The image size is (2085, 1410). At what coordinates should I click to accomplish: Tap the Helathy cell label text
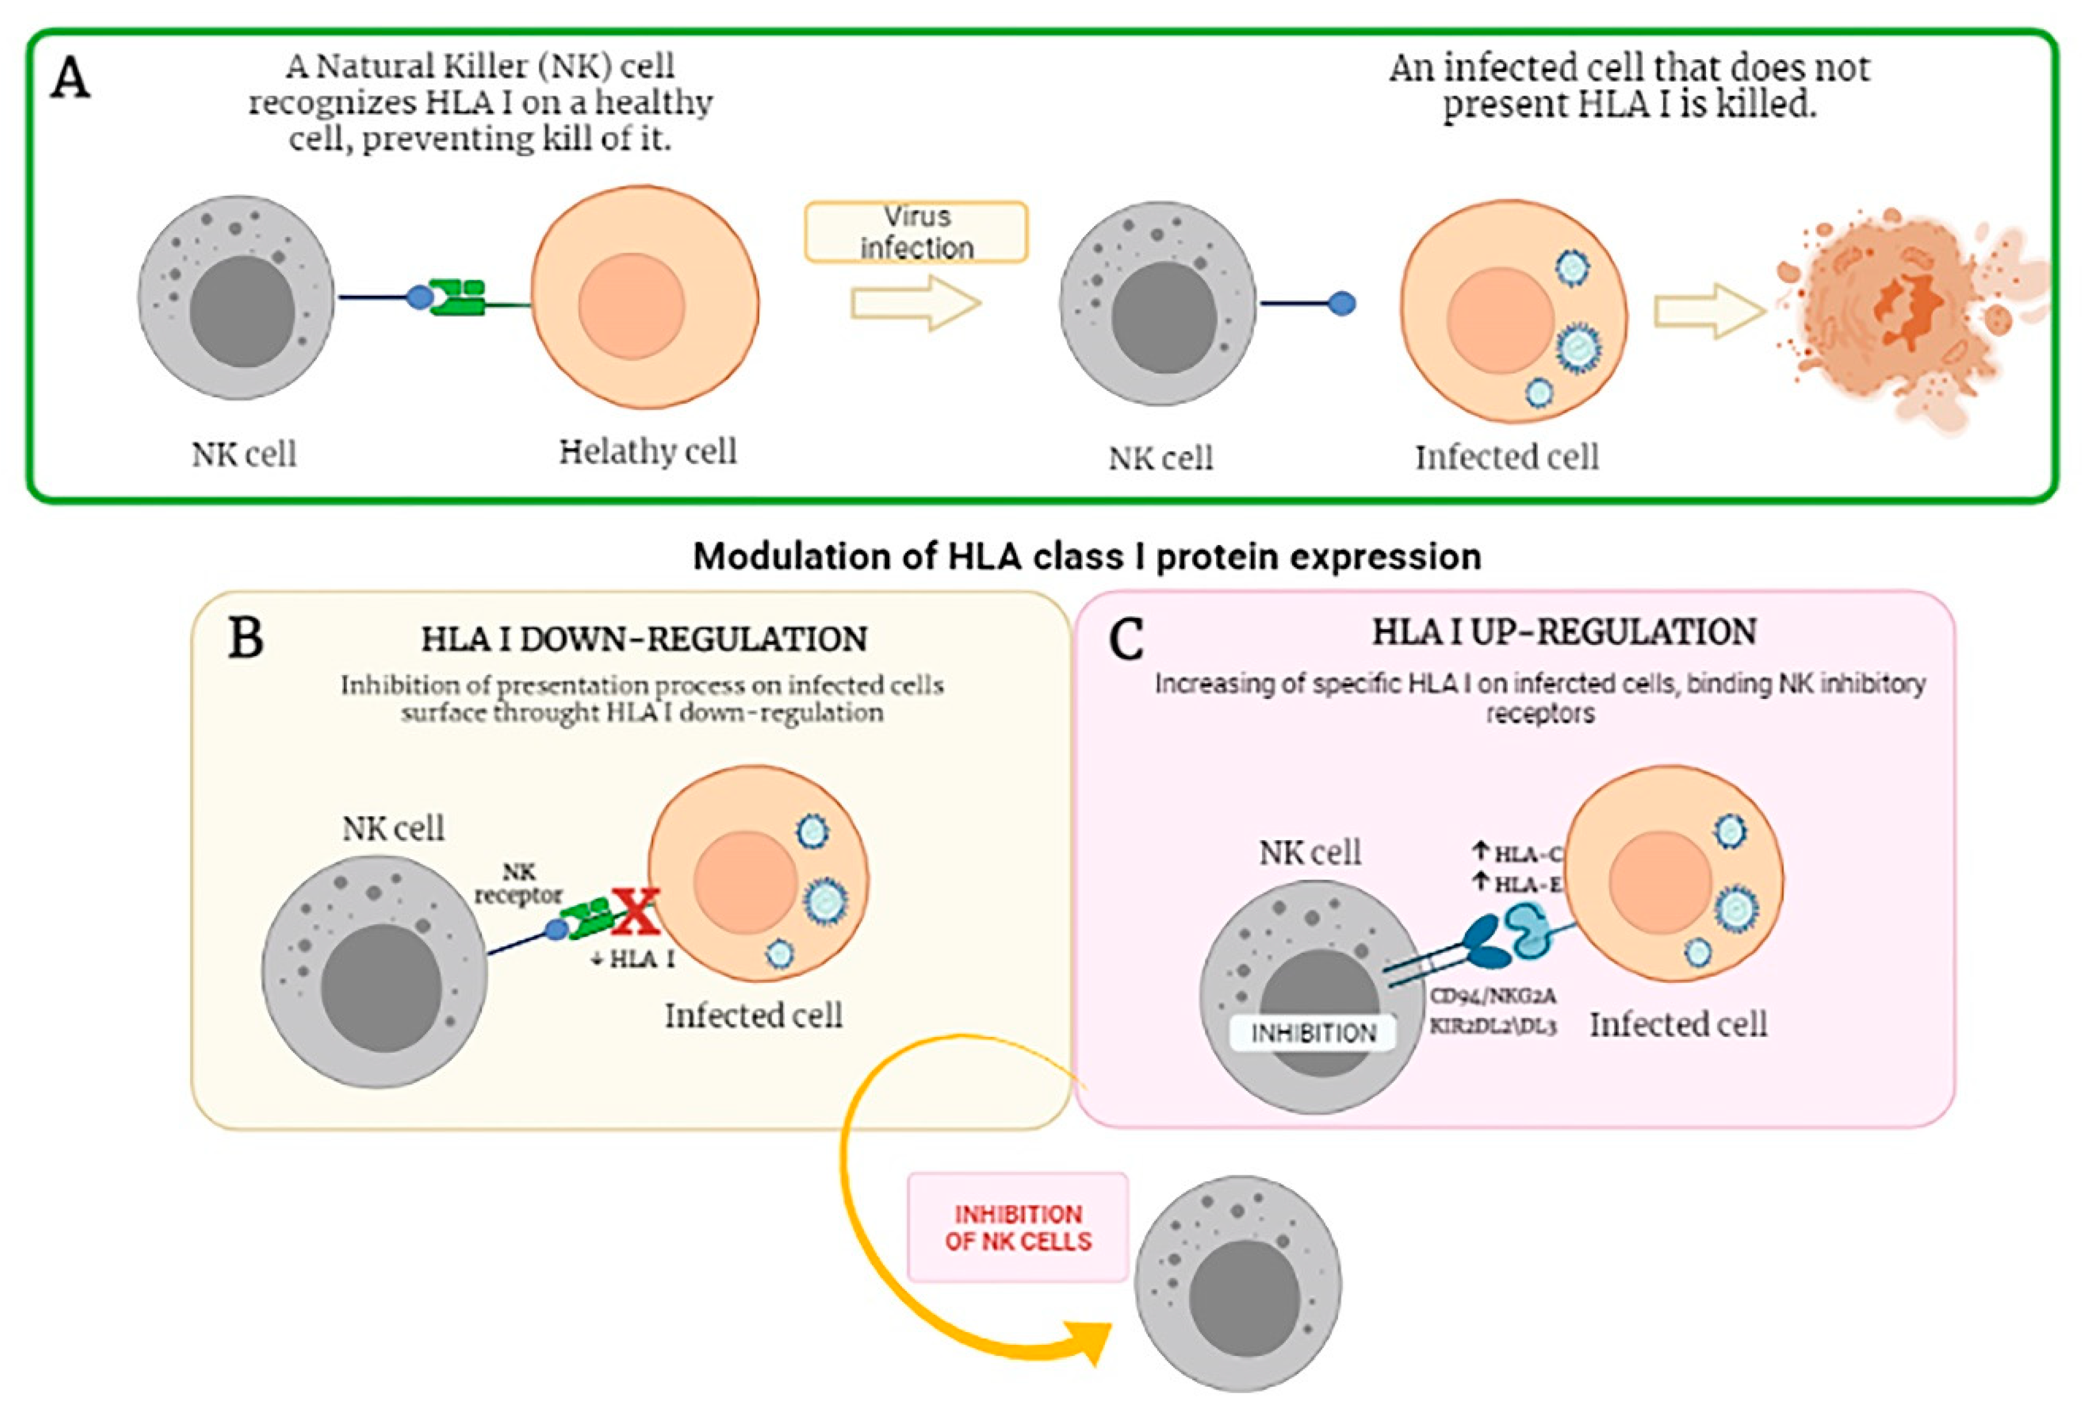tap(648, 451)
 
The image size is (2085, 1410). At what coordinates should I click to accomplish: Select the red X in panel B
tap(636, 912)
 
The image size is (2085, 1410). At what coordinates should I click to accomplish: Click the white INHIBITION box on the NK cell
tap(1312, 1032)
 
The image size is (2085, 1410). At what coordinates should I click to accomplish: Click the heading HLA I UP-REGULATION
tap(1564, 632)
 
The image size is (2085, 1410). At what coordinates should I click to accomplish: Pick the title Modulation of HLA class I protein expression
tap(1086, 557)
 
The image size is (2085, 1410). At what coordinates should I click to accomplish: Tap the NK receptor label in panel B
tap(518, 884)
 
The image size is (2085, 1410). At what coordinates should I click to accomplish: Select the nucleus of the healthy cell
tap(632, 306)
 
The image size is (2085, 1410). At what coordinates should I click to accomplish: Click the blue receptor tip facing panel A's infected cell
tap(1341, 304)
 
